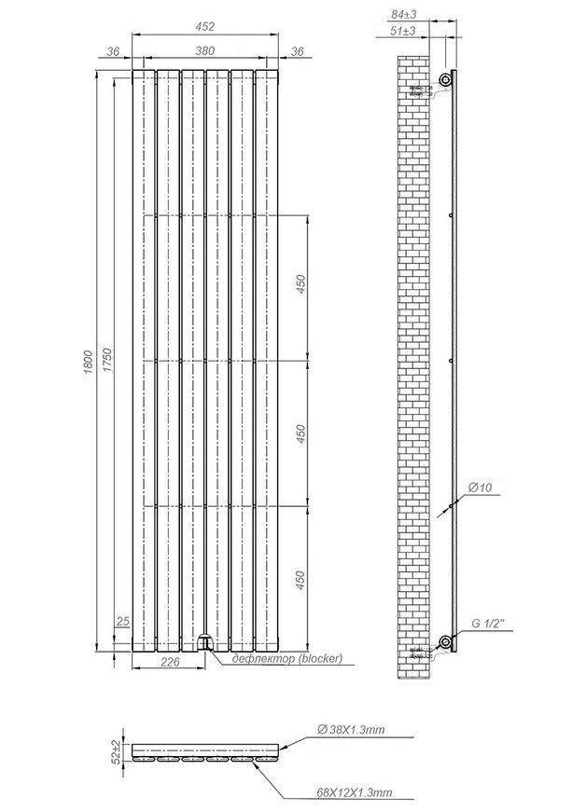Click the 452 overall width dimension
pos(205,26)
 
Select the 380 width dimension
pos(205,50)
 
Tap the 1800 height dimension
pos(88,362)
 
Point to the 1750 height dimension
pos(107,361)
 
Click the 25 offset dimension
pos(122,621)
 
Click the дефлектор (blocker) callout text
pos(287,658)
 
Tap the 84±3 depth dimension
pos(404,15)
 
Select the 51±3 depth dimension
pos(403,31)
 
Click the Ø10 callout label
pos(480,488)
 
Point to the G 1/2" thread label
pos(488,624)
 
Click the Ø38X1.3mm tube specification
pos(351,730)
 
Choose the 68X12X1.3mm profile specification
pos(354,792)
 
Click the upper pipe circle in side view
pos(445,79)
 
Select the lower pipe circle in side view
pos(445,642)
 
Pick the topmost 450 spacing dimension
pos(300,284)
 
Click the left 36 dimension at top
pos(113,51)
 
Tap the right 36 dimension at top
pos(297,51)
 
